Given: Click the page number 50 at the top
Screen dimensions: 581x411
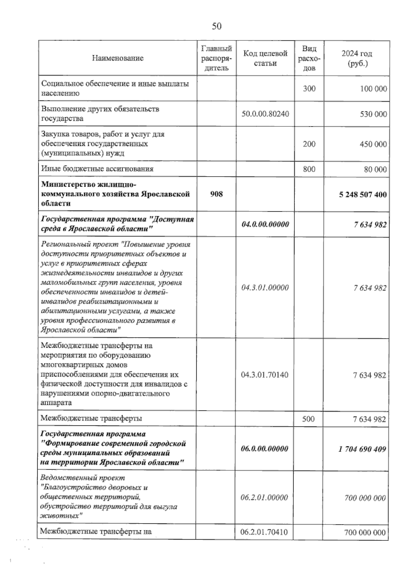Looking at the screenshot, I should click(x=216, y=26).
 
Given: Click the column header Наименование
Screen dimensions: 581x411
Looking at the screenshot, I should click(x=117, y=58).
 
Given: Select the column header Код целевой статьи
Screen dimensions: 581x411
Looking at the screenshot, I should click(x=265, y=58).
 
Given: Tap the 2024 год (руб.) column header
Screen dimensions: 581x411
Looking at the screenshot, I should click(x=357, y=58).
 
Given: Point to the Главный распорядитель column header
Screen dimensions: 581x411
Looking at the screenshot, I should click(x=216, y=58).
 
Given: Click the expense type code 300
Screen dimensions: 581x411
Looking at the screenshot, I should click(x=309, y=89).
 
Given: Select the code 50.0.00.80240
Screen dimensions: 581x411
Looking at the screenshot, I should click(x=265, y=114).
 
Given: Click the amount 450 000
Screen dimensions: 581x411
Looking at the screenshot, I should click(x=373, y=144).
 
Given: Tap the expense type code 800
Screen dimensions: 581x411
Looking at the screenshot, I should click(x=309, y=169).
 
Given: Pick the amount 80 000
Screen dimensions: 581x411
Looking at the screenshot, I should click(x=375, y=169).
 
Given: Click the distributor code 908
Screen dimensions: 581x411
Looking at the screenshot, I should click(x=216, y=194).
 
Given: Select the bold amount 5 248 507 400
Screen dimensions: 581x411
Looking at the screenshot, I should click(x=363, y=195).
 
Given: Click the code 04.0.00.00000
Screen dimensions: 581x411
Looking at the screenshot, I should click(x=265, y=224).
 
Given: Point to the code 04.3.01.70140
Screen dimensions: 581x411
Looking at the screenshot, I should click(x=265, y=375).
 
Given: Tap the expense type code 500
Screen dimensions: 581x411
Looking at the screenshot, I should click(x=308, y=419).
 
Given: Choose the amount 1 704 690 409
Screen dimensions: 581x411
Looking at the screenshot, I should click(x=362, y=449).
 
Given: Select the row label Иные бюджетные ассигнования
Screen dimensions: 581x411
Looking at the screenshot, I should click(x=97, y=169).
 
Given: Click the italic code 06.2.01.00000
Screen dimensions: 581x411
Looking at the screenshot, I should click(x=264, y=497).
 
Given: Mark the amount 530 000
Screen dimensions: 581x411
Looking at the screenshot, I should click(x=373, y=114).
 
